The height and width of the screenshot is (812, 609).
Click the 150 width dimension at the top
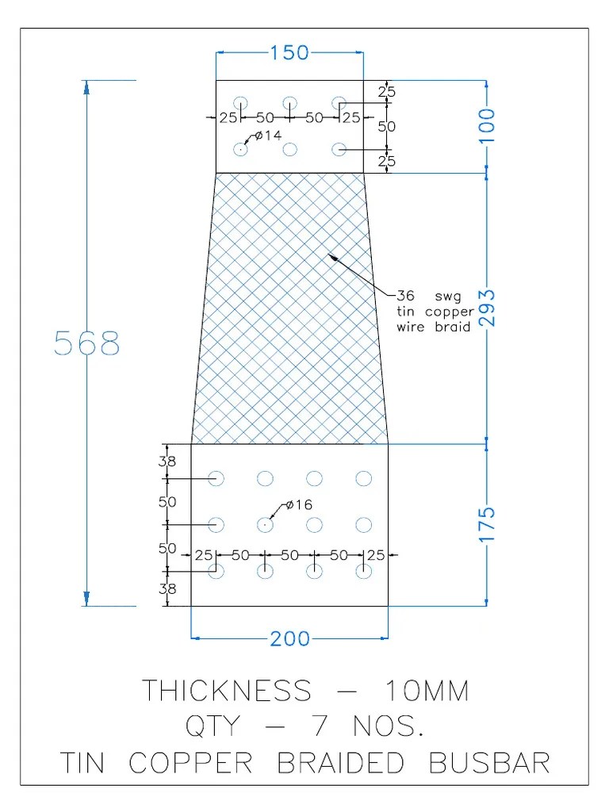(x=290, y=53)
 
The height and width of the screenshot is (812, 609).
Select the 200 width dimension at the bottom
(x=290, y=638)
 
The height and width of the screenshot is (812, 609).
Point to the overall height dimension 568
(x=87, y=343)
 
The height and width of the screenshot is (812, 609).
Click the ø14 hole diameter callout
(x=268, y=136)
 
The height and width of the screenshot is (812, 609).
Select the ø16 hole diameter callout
(x=298, y=504)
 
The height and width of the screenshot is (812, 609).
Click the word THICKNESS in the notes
(x=226, y=691)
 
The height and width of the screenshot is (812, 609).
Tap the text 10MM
(x=427, y=691)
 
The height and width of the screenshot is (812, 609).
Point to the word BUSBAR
(x=489, y=763)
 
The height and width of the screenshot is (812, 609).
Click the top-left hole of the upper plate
(x=240, y=103)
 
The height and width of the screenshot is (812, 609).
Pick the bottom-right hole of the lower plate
(x=364, y=571)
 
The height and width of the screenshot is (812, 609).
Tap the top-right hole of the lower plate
(x=364, y=478)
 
